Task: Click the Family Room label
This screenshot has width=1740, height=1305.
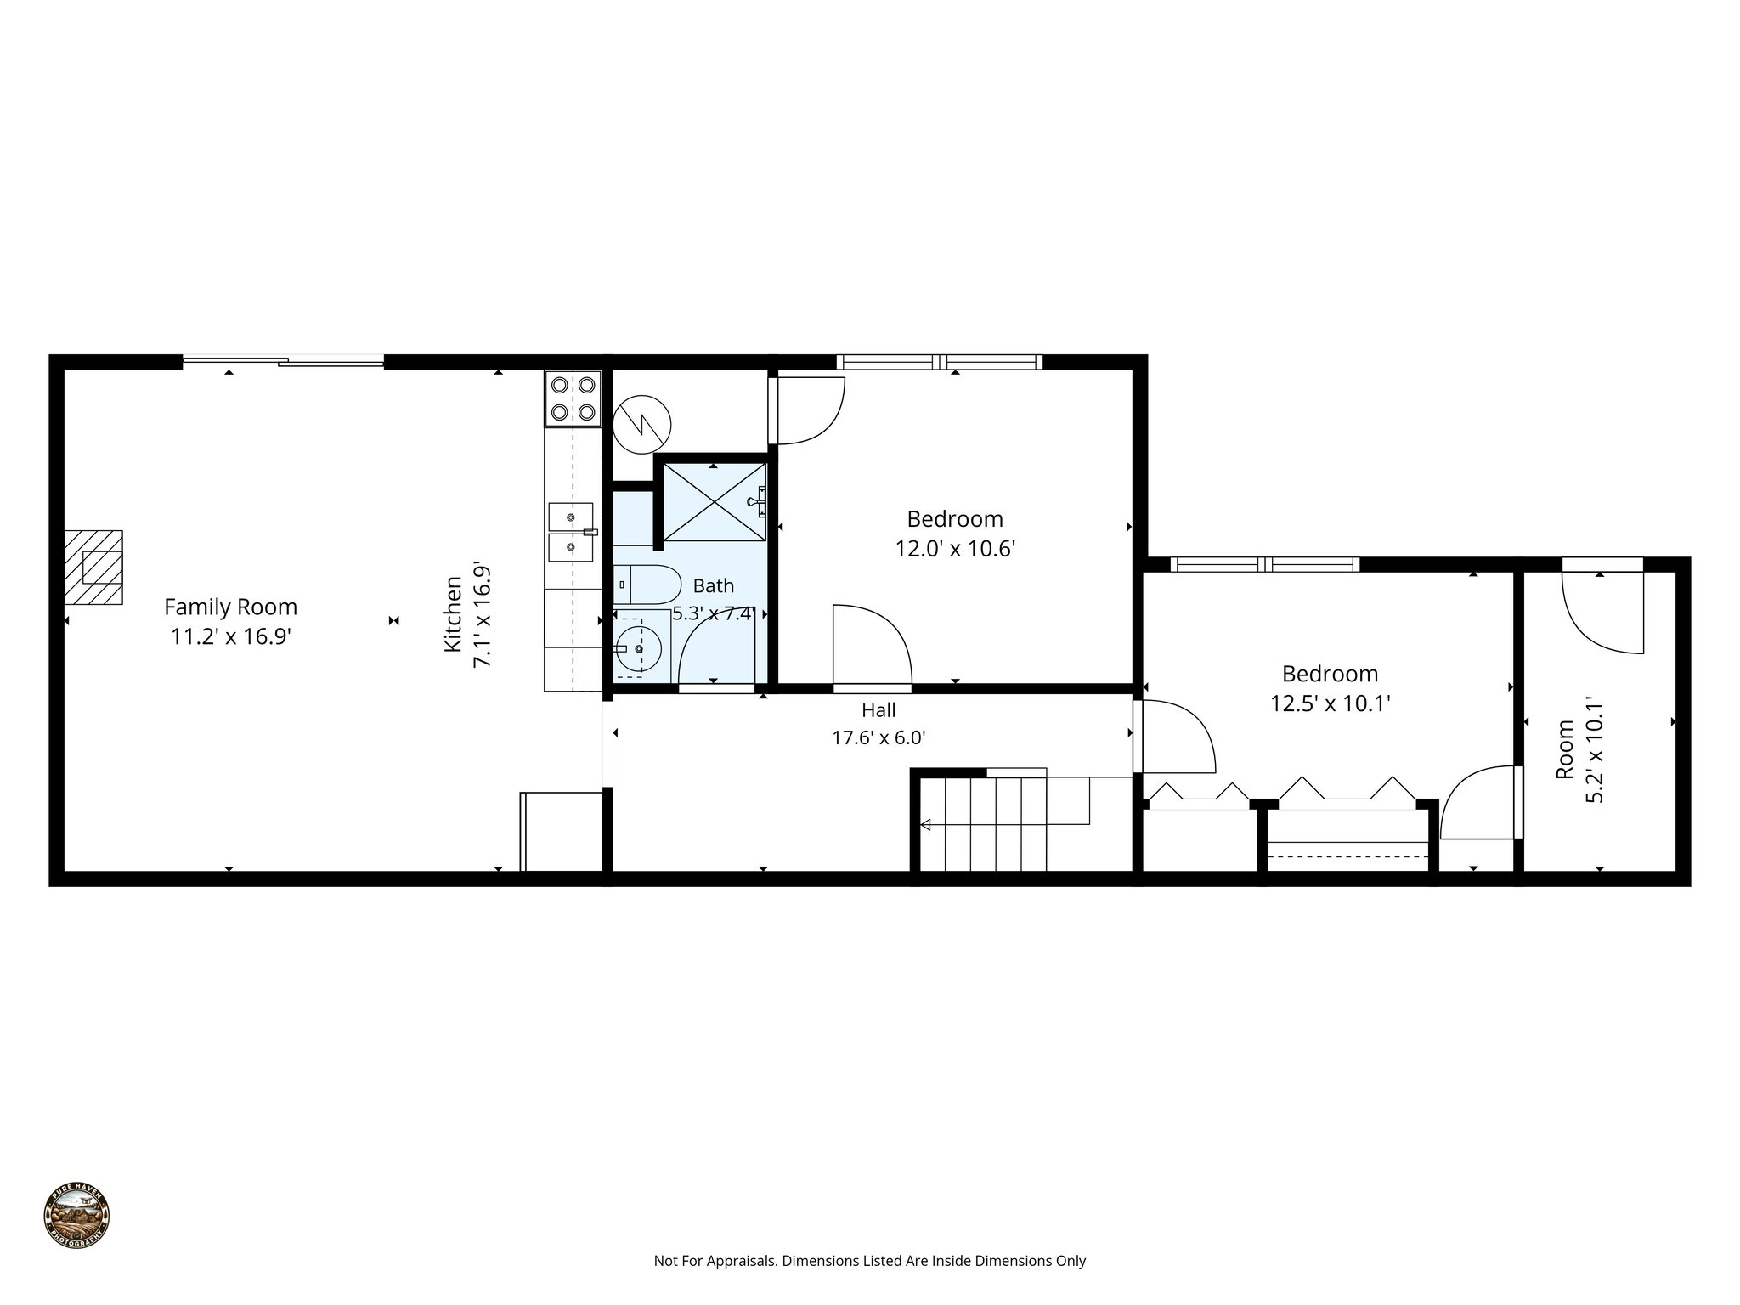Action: (230, 607)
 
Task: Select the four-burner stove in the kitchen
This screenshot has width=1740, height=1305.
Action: (572, 398)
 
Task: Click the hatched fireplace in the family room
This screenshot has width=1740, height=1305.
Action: (93, 567)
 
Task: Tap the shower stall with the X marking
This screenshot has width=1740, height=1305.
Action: (714, 502)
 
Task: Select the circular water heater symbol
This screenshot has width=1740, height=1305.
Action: (642, 423)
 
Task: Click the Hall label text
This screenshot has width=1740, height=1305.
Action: (878, 710)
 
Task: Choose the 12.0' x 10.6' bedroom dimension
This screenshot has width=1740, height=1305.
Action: (955, 549)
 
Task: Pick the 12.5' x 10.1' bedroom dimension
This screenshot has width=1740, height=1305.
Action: (1330, 703)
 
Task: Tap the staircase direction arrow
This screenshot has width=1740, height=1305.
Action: (927, 824)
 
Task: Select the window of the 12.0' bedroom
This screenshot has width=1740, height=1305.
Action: (939, 362)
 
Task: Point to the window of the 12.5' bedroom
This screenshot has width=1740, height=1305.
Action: (1264, 564)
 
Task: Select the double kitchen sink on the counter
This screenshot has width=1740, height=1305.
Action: (571, 532)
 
